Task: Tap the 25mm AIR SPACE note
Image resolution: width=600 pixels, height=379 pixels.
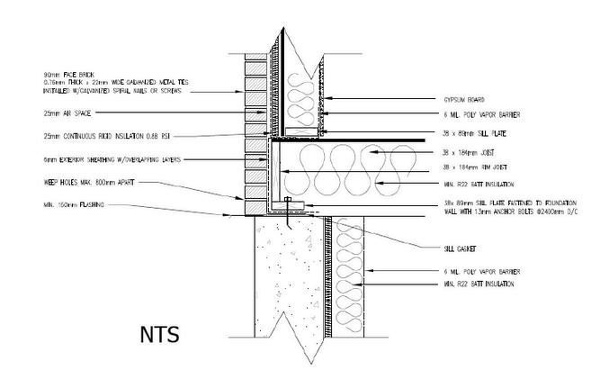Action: tap(63, 114)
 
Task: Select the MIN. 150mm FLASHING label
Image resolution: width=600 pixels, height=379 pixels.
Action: tap(74, 205)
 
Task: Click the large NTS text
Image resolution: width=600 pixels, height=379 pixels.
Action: tap(159, 335)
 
